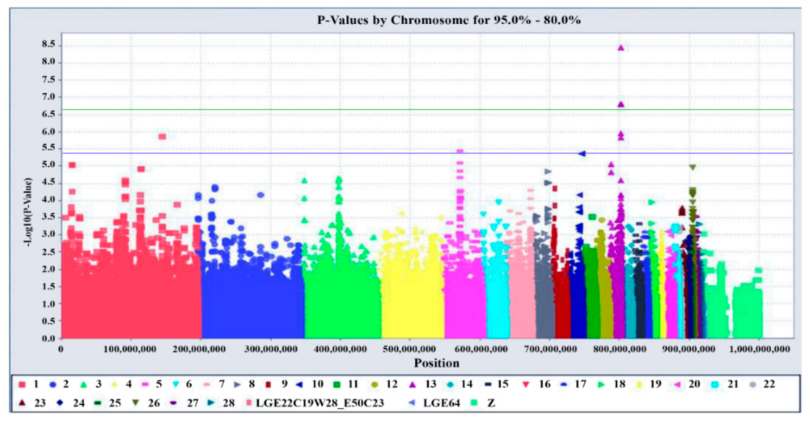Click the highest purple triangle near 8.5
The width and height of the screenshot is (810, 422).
620,48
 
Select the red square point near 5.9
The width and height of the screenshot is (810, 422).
162,137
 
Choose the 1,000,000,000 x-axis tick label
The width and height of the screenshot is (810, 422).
759,349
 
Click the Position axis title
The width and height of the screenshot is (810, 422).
436,363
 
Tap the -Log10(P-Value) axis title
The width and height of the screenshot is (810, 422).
28,212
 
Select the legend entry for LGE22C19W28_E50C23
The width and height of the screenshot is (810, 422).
314,403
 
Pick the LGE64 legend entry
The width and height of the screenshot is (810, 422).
436,403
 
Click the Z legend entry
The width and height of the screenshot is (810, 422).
484,403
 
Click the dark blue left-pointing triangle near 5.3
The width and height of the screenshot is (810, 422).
582,153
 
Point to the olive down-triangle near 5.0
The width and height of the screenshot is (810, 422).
692,167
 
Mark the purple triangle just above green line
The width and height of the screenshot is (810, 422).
620,104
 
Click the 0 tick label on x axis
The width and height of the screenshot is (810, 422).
61,349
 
